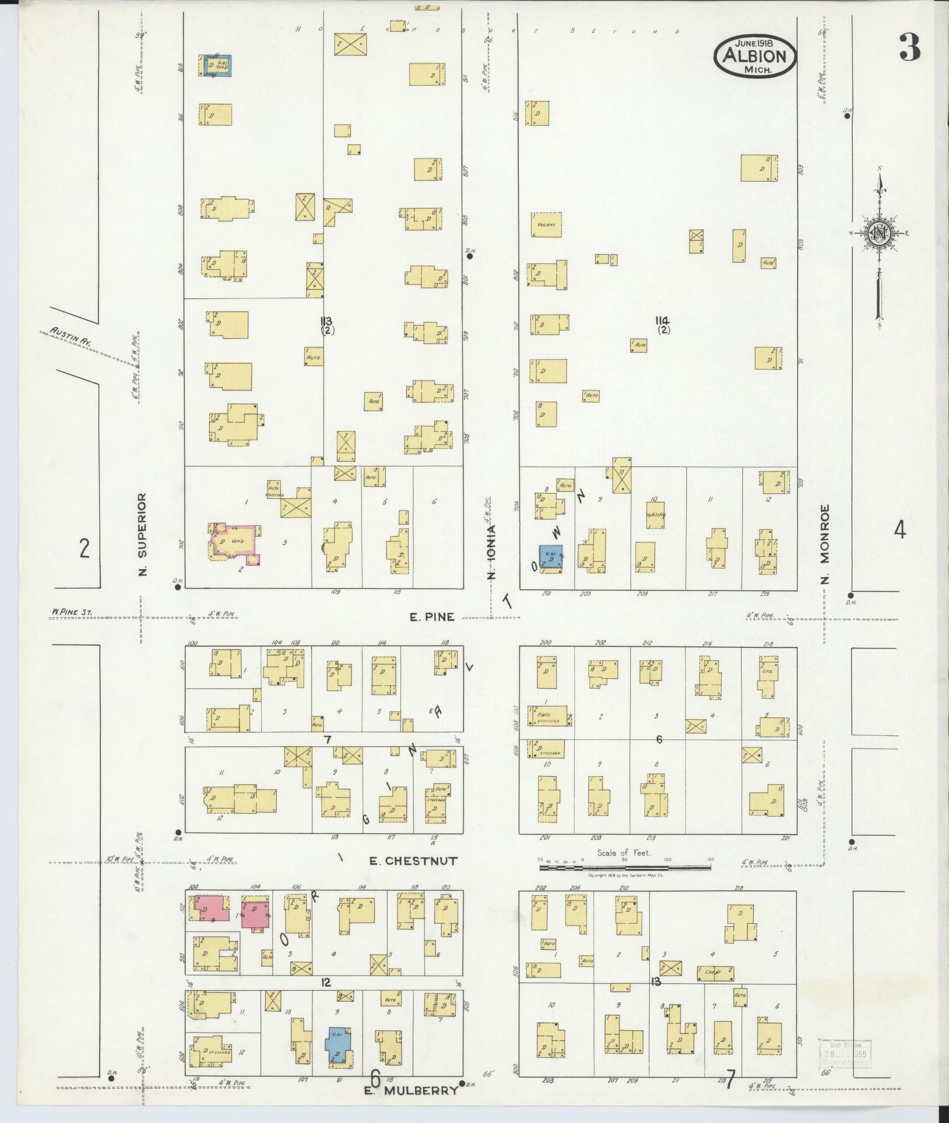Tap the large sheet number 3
pos(909,48)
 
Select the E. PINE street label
pos(431,617)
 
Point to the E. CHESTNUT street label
pos(413,860)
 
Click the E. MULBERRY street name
pos(410,1090)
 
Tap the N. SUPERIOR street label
pos(142,534)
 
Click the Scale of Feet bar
pos(624,868)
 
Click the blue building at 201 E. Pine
pos(550,557)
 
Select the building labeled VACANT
pos(546,224)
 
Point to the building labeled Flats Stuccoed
pos(550,715)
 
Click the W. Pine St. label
pos(71,612)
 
